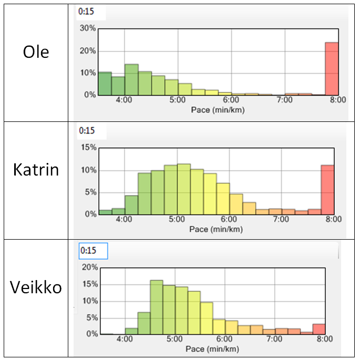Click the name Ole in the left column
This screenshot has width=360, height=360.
[x=36, y=53]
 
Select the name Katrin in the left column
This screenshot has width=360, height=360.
[x=36, y=170]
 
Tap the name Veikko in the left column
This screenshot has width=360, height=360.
[x=36, y=287]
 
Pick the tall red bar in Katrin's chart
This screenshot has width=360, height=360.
[x=327, y=190]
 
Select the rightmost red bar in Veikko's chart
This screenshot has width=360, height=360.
[x=319, y=329]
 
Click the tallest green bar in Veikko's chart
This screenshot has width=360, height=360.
[x=157, y=307]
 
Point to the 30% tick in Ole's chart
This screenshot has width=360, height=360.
[x=87, y=28]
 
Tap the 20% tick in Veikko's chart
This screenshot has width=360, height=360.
[x=90, y=268]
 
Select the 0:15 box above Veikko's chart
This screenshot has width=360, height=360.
[x=93, y=251]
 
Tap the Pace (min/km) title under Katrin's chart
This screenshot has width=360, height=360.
[x=214, y=229]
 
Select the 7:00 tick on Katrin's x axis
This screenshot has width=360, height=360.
[x=281, y=219]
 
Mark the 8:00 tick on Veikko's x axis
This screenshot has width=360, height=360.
[x=325, y=340]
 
